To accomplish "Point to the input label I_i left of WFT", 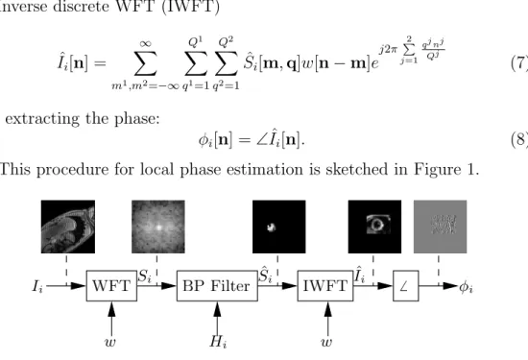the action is (37, 287).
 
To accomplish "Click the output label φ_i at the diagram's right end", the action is (466, 287).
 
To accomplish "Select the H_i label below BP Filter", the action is (218, 342).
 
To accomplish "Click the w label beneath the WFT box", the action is (110, 342).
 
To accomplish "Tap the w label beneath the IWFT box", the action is (326, 342).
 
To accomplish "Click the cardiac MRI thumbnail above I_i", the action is (68, 227).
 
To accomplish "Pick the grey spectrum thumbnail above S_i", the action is (158, 227).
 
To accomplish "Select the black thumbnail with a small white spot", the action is (279, 227).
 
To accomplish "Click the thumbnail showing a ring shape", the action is (374, 227).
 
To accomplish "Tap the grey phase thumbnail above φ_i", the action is (440, 227).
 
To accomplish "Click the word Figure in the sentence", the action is (438, 169).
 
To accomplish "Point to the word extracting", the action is (41, 118).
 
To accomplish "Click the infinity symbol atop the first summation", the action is (146, 44).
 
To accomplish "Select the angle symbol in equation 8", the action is (262, 140).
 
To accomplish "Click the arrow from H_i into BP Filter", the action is (218, 319).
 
